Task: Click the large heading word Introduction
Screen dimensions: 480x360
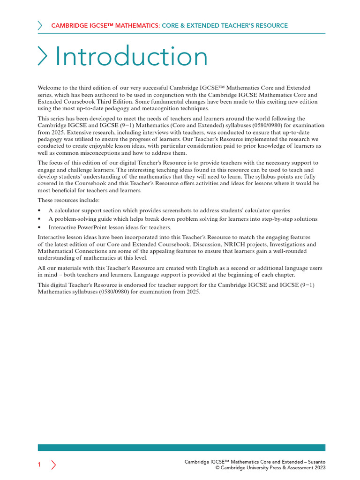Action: pos(131,57)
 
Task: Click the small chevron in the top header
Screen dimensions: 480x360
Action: pos(40,26)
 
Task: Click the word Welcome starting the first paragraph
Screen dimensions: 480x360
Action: pos(49,88)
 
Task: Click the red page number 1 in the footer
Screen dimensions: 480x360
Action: pos(39,465)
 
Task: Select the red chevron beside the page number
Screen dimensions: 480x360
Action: pos(53,465)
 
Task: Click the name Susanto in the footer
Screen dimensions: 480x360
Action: pos(314,462)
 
